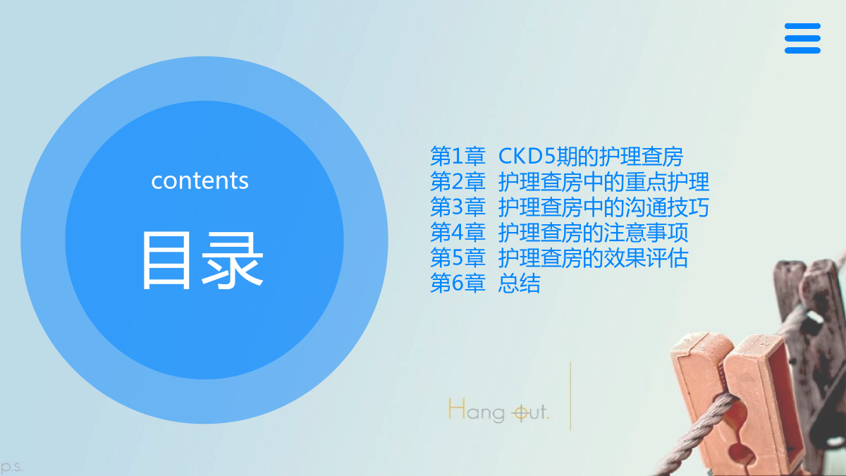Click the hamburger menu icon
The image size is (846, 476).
pos(802,38)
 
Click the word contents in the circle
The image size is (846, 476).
pos(200,181)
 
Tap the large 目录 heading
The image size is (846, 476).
pos(202,260)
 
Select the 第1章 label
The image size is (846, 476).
pos(458,156)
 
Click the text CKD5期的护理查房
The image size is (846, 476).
pos(591,156)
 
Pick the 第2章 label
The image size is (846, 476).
pos(458,181)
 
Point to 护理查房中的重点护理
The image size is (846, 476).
pos(603,181)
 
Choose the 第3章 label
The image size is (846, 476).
pos(458,207)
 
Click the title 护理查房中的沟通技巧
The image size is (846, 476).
pos(603,207)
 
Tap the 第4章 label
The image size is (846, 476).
pos(458,232)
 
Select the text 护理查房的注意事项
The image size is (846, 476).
pos(593,232)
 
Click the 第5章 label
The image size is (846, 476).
pos(458,258)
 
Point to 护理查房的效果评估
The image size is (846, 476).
pos(593,258)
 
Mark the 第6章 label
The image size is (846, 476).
pos(458,283)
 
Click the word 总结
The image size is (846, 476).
pos(520,283)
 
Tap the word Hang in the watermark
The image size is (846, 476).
pos(477,410)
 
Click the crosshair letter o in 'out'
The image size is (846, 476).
pos(521,413)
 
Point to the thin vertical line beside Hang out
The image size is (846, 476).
pos(570,396)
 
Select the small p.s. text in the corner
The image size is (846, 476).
pos(11,468)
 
